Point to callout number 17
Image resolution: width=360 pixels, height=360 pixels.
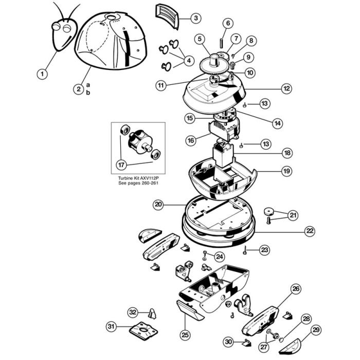pyautogui.click(x=121, y=165)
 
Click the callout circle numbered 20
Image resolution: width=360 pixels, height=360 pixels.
pyautogui.click(x=158, y=204)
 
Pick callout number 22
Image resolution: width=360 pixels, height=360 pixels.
pyautogui.click(x=309, y=231)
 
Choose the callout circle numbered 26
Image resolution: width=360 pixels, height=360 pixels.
pyautogui.click(x=296, y=290)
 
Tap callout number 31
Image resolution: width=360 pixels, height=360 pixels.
pyautogui.click(x=111, y=326)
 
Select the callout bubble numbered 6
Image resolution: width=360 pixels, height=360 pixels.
pyautogui.click(x=228, y=23)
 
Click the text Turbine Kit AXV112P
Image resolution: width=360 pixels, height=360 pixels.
pyautogui.click(x=138, y=177)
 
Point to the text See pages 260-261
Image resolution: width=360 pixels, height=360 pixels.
pyautogui.click(x=138, y=183)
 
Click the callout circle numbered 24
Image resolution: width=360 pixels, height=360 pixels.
pyautogui.click(x=219, y=256)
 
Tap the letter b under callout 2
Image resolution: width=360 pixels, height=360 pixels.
pyautogui.click(x=87, y=93)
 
